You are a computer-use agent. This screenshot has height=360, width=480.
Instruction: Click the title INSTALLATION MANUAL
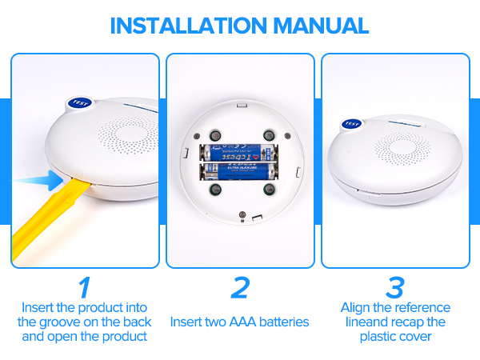[x=240, y=25]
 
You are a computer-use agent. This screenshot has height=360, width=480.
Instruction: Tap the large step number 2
[x=239, y=287]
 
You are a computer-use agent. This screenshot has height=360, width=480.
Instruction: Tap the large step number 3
[x=395, y=287]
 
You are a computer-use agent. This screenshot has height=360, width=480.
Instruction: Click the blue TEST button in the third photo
[x=350, y=123]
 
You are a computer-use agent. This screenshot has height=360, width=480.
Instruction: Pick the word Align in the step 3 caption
[x=357, y=308]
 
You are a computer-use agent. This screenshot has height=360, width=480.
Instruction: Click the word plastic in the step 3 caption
[x=378, y=337]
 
